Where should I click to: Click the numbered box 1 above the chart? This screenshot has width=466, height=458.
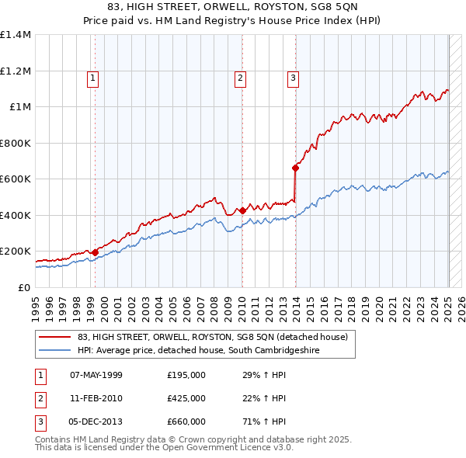click(x=92, y=77)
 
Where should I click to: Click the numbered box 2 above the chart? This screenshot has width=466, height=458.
click(x=241, y=77)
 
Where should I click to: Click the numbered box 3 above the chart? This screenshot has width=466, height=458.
click(x=294, y=77)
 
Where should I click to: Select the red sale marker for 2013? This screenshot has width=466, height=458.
click(x=296, y=168)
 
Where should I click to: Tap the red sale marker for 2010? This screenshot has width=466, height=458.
click(x=242, y=210)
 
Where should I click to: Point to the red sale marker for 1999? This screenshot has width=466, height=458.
click(x=95, y=252)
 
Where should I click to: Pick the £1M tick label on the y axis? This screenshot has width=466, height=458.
click(x=19, y=107)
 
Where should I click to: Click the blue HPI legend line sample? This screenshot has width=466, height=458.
click(x=54, y=351)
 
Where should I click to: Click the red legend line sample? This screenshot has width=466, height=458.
click(x=54, y=337)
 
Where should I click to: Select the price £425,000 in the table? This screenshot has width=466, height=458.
click(x=186, y=398)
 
